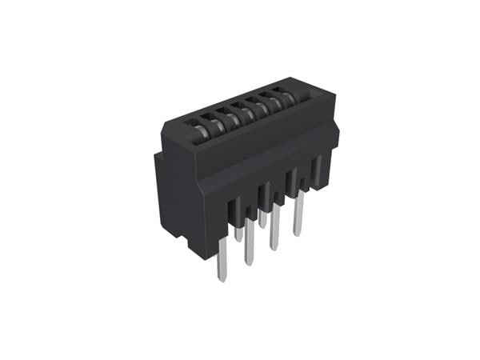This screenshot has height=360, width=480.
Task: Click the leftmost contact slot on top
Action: pos(195,126)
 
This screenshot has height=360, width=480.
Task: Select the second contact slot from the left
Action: pos(210,120)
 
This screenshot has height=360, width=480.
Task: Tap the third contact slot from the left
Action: pos(226,114)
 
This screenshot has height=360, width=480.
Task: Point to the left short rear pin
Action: pos(239,233)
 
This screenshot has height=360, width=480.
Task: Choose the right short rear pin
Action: pos(262,218)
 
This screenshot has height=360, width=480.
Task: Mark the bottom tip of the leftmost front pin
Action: pos(222,280)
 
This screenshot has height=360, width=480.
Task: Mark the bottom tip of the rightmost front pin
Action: pos(298,234)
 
